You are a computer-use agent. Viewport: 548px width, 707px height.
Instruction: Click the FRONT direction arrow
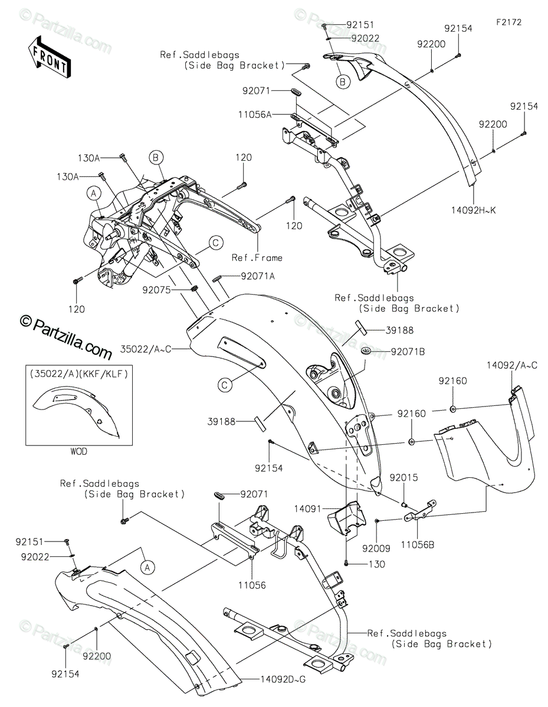[x=49, y=57]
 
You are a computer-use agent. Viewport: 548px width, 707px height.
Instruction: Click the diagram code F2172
[x=509, y=22]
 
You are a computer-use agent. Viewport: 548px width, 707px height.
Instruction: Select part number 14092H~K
[x=474, y=210]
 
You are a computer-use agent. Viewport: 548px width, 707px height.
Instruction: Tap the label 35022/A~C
[x=146, y=349]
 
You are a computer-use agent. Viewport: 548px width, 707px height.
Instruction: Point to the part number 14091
[x=308, y=509]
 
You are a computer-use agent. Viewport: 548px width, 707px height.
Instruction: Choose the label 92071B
[x=408, y=352]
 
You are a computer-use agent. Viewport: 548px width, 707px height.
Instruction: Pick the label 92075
[x=156, y=289]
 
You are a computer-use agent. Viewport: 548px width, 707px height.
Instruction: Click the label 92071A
[x=258, y=276]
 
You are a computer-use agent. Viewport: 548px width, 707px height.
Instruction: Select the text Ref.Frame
[x=257, y=257]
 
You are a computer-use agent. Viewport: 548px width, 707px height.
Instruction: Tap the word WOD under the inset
[x=79, y=451]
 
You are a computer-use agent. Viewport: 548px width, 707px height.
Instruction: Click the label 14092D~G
[x=283, y=679]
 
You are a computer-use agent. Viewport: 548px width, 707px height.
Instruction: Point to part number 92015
[x=403, y=478]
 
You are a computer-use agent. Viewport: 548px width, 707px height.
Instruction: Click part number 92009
[x=376, y=549]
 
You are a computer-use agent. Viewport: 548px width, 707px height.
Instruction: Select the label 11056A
[x=255, y=114]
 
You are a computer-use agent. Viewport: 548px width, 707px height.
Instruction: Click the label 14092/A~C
[x=512, y=365]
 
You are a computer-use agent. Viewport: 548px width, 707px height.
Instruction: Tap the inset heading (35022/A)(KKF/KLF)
[x=79, y=374]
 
